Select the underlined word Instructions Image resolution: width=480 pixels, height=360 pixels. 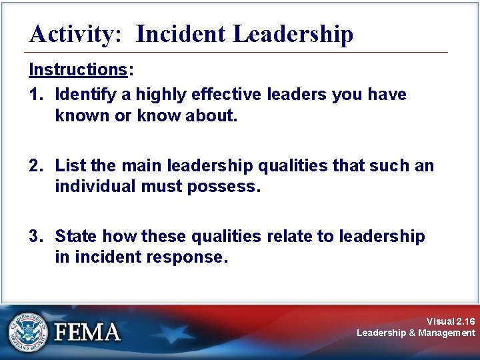(x=77, y=70)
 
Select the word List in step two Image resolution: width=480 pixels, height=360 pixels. (x=68, y=165)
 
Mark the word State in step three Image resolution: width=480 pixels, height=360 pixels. (x=75, y=236)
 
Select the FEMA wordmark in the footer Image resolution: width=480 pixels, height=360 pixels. (x=87, y=331)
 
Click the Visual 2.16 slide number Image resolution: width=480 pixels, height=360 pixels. (x=451, y=321)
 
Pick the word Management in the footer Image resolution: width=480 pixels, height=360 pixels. (x=447, y=333)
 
